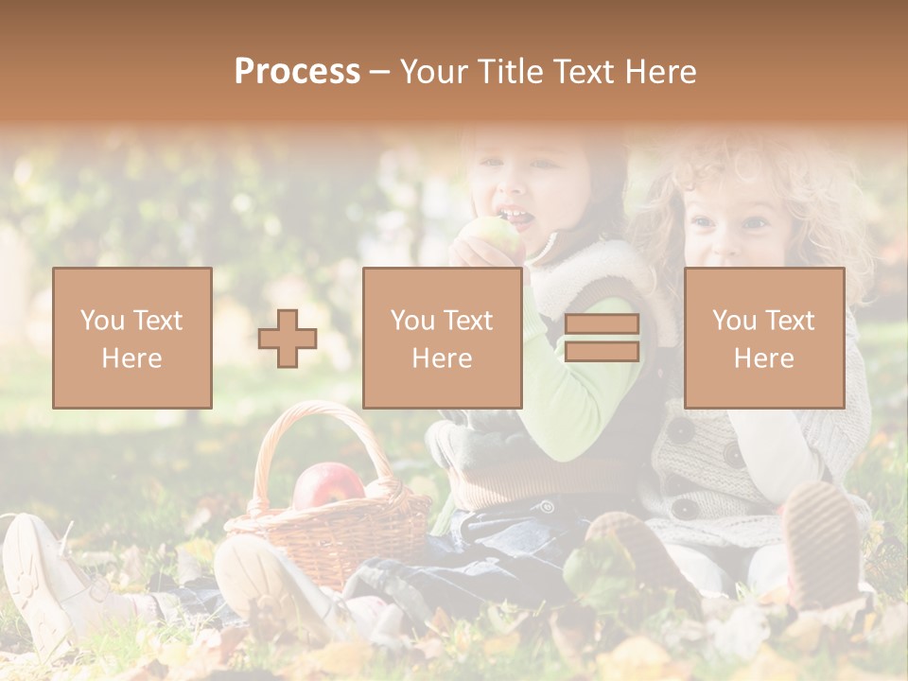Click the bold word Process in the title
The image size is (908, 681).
(297, 72)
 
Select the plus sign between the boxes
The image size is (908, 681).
(288, 339)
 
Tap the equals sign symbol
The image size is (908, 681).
(602, 338)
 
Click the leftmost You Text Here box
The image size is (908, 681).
(132, 338)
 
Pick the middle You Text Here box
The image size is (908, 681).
(442, 338)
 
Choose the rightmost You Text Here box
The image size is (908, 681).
(764, 338)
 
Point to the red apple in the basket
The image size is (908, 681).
(328, 484)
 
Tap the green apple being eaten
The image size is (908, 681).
(498, 236)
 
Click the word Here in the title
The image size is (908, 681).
(661, 72)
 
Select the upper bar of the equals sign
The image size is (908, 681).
(602, 324)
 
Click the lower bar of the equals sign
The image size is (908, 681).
(602, 352)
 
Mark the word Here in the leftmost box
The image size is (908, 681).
(131, 358)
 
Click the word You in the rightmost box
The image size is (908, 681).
(734, 321)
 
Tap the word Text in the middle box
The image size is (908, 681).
(467, 321)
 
